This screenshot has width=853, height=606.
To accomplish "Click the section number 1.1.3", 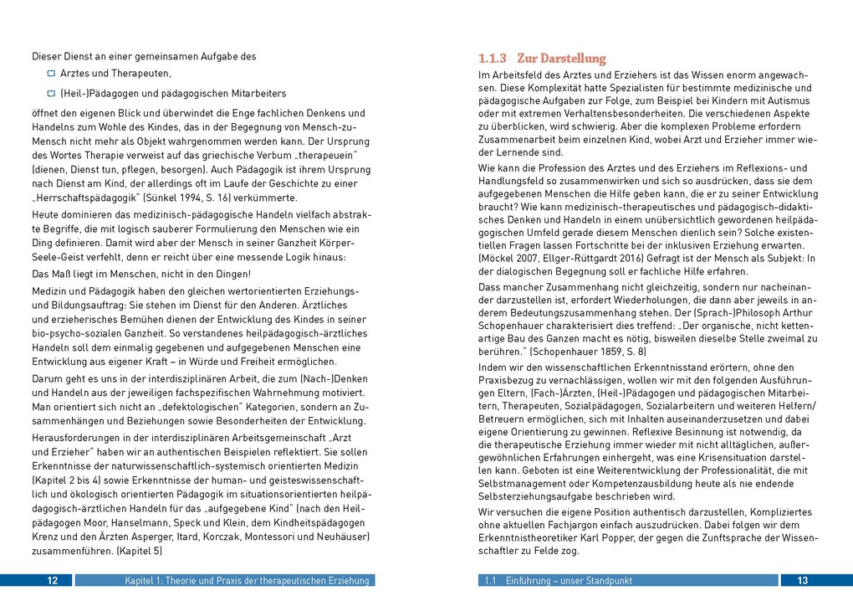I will (493, 59).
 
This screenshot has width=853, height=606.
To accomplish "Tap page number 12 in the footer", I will (53, 581).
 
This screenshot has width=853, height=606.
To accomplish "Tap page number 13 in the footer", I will (802, 581).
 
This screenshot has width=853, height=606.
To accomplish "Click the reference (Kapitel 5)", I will (140, 552).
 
